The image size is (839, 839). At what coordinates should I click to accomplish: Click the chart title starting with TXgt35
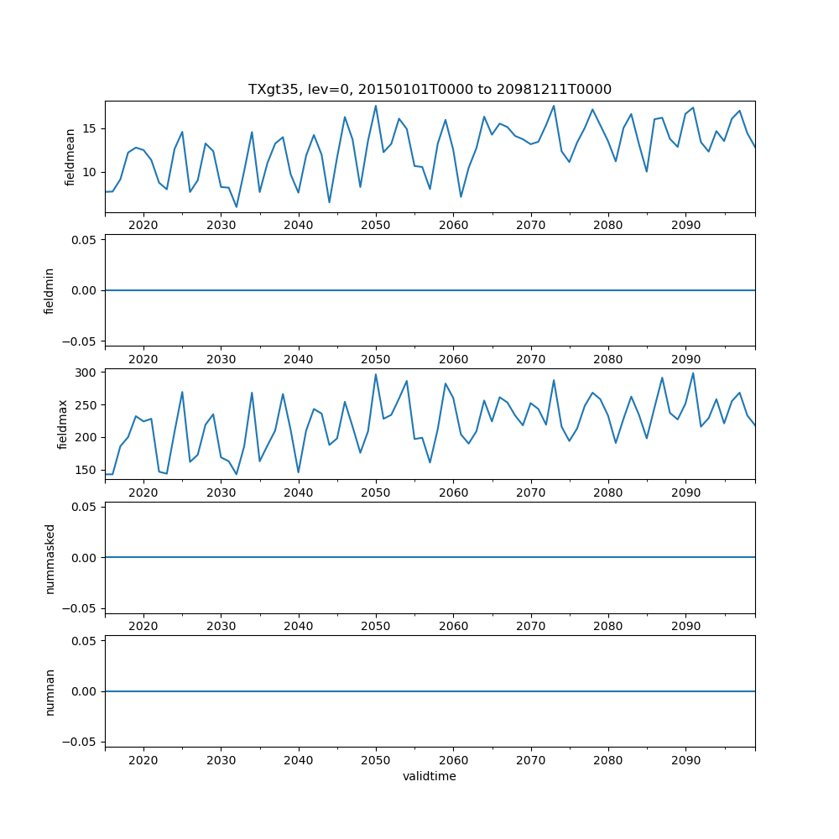[x=430, y=90]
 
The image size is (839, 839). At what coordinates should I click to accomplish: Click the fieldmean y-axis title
[x=70, y=156]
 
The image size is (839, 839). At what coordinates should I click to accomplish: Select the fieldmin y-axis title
[x=50, y=290]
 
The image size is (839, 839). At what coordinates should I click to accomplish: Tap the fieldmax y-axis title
[x=62, y=425]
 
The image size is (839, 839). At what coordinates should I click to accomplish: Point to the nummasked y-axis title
[x=50, y=558]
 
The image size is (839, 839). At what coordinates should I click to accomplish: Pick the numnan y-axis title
[x=50, y=691]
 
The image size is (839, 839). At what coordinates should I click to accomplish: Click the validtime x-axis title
[x=430, y=776]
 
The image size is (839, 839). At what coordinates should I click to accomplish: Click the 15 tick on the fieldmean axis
[x=90, y=128]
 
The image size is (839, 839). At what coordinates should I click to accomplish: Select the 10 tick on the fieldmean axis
[x=90, y=172]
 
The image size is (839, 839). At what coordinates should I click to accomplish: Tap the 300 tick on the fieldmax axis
[x=86, y=372]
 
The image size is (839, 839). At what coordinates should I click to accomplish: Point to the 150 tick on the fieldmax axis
[x=86, y=470]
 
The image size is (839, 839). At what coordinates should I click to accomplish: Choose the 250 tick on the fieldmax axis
[x=86, y=404]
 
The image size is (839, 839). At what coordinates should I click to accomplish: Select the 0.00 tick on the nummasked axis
[x=84, y=557]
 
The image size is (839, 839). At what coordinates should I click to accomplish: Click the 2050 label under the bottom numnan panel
[x=376, y=760]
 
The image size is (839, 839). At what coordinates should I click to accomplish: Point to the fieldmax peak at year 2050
[x=376, y=374]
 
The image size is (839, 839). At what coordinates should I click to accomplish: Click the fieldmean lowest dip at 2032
[x=237, y=206]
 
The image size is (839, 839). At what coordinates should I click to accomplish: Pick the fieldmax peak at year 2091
[x=693, y=373]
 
